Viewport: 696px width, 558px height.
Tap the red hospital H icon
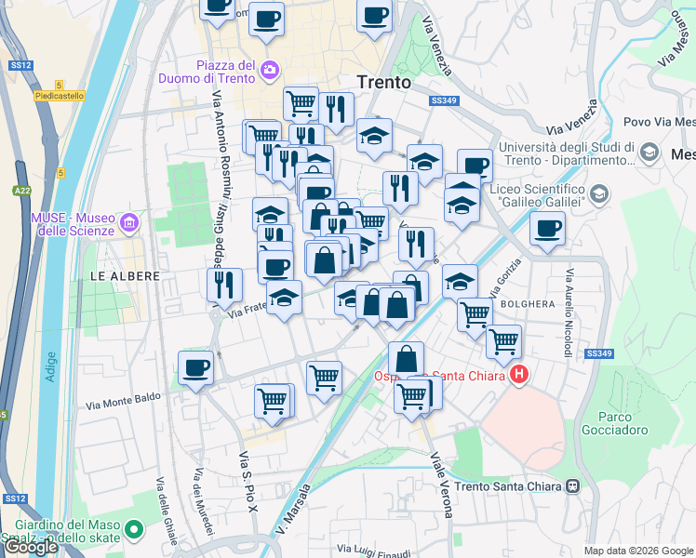pos(519,376)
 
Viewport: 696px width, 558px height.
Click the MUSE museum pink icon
pos(128,221)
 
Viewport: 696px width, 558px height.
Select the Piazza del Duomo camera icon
pos(270,69)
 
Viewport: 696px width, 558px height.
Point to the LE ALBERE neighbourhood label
pos(125,276)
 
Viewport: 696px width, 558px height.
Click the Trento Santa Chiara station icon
pos(574,485)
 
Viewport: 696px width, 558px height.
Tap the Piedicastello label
pos(60,96)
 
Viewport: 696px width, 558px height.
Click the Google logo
pos(32,547)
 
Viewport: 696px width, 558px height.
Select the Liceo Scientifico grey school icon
pos(599,193)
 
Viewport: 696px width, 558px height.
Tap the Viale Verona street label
pos(440,484)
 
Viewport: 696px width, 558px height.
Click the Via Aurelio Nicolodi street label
pos(566,313)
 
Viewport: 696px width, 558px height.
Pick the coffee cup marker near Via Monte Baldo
pos(196,369)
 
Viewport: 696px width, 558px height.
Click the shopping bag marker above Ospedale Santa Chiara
pos(407,359)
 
